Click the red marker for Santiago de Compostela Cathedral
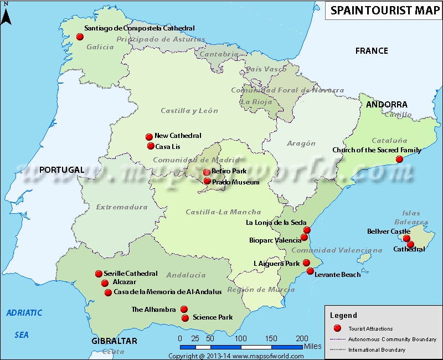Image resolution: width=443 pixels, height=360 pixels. click(80, 37)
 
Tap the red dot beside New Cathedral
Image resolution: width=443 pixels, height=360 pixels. click(148, 137)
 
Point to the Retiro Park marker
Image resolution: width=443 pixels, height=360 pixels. click(207, 172)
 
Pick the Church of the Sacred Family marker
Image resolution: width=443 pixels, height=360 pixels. click(399, 160)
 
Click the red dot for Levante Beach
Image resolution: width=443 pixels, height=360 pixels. click(310, 272)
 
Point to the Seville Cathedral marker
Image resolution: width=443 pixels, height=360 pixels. click(99, 274)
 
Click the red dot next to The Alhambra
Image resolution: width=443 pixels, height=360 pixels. click(184, 310)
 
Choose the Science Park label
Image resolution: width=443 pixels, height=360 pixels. click(213, 318)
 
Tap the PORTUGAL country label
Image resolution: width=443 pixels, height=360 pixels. click(61, 170)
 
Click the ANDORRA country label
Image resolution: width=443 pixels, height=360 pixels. click(386, 105)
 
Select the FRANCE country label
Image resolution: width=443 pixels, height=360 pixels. click(372, 51)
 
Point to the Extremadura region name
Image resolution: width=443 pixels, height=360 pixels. click(122, 208)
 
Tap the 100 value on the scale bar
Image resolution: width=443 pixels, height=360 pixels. click(240, 338)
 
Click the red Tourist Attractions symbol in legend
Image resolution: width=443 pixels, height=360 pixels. click(337, 328)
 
